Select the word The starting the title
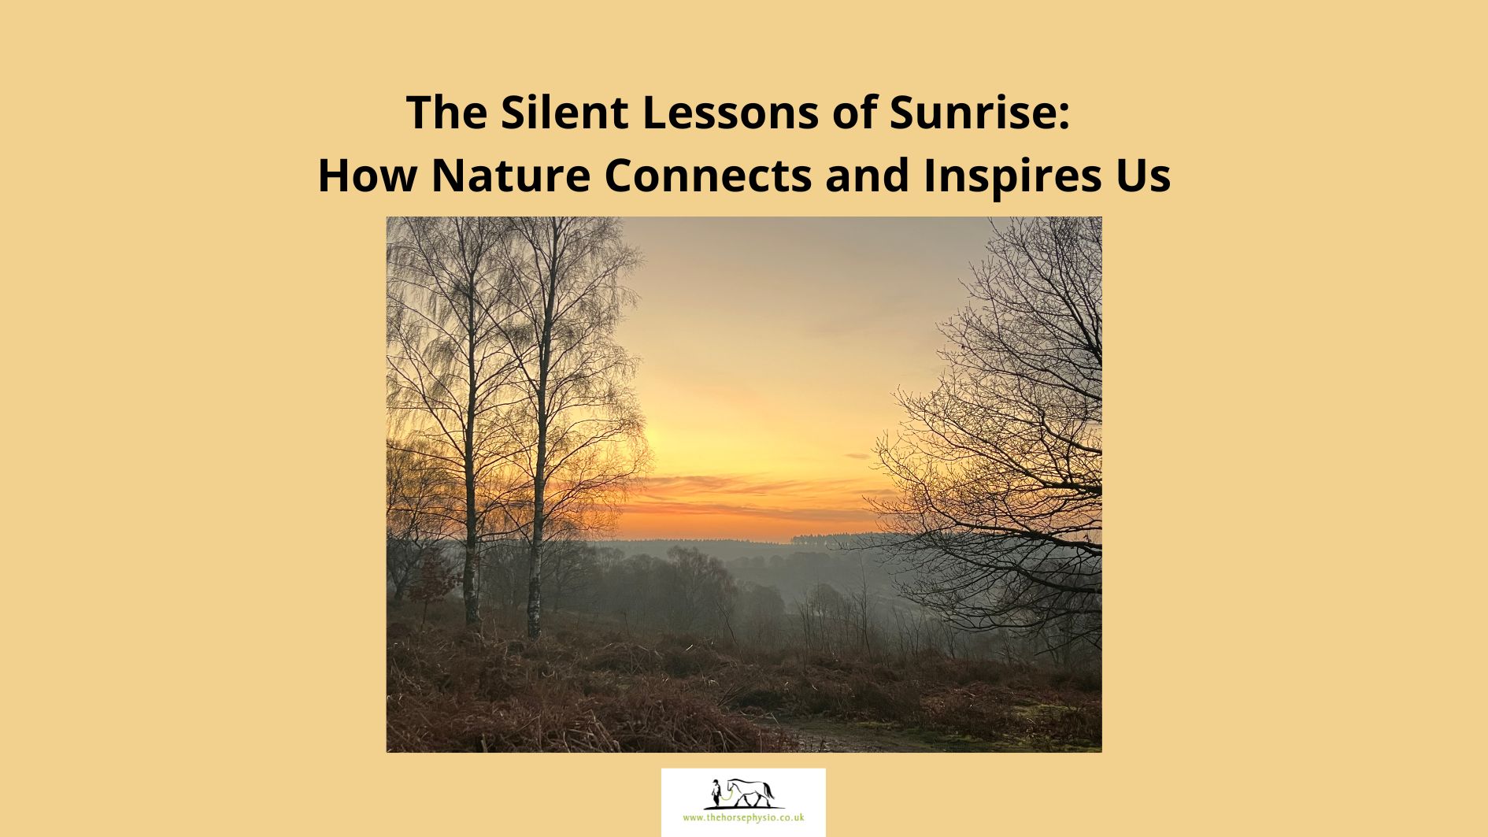point(446,112)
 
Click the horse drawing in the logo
point(750,792)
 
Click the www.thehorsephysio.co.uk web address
point(743,818)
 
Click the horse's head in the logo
point(729,785)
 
